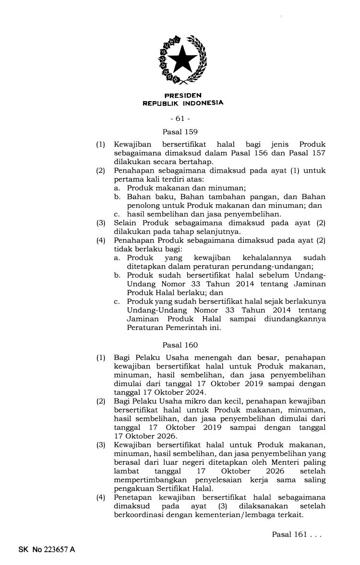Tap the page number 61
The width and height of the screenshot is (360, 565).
(x=180, y=118)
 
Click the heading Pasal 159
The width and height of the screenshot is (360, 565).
(x=180, y=131)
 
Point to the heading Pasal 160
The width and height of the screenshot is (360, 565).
(x=180, y=344)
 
